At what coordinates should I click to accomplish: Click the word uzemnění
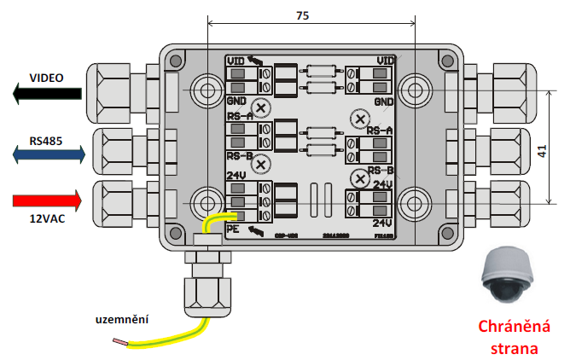coord(121,319)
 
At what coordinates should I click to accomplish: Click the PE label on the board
coord(233,229)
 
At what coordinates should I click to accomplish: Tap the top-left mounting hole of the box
coord(207,90)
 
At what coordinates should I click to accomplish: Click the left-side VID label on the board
coord(236,61)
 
